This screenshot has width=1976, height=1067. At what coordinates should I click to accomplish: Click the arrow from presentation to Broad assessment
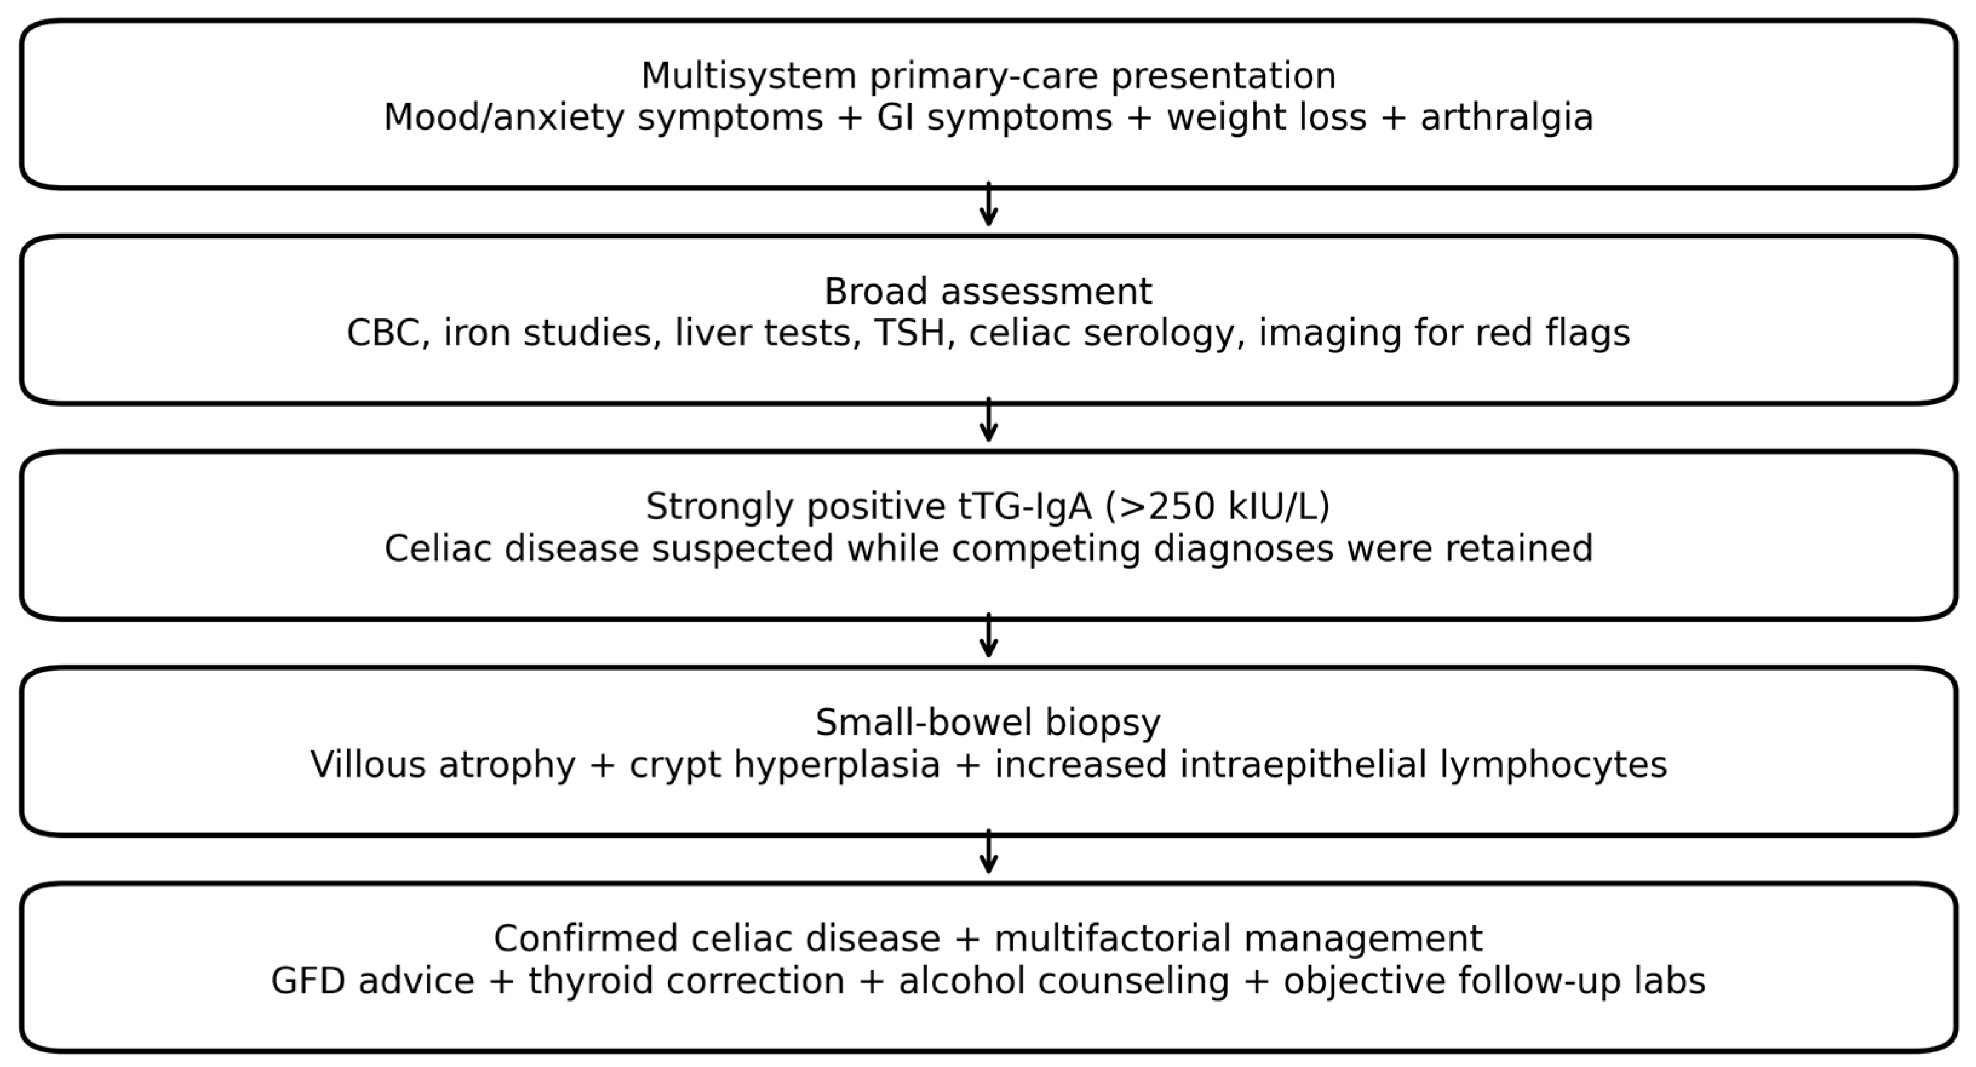[989, 204]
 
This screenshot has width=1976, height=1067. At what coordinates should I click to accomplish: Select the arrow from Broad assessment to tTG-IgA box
[989, 419]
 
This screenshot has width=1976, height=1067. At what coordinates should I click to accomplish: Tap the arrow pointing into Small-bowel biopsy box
[989, 635]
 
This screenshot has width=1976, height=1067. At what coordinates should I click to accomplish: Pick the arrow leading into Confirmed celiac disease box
[989, 851]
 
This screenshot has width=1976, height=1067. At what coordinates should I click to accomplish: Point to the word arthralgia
[1507, 118]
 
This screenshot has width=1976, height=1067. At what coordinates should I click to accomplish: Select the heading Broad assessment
[988, 292]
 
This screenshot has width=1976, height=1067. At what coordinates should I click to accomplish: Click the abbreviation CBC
[388, 333]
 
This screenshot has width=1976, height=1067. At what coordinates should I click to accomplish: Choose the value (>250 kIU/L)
[1217, 507]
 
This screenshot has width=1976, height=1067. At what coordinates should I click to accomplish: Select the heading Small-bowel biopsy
[988, 723]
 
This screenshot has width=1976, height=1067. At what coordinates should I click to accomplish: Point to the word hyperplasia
[837, 766]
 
